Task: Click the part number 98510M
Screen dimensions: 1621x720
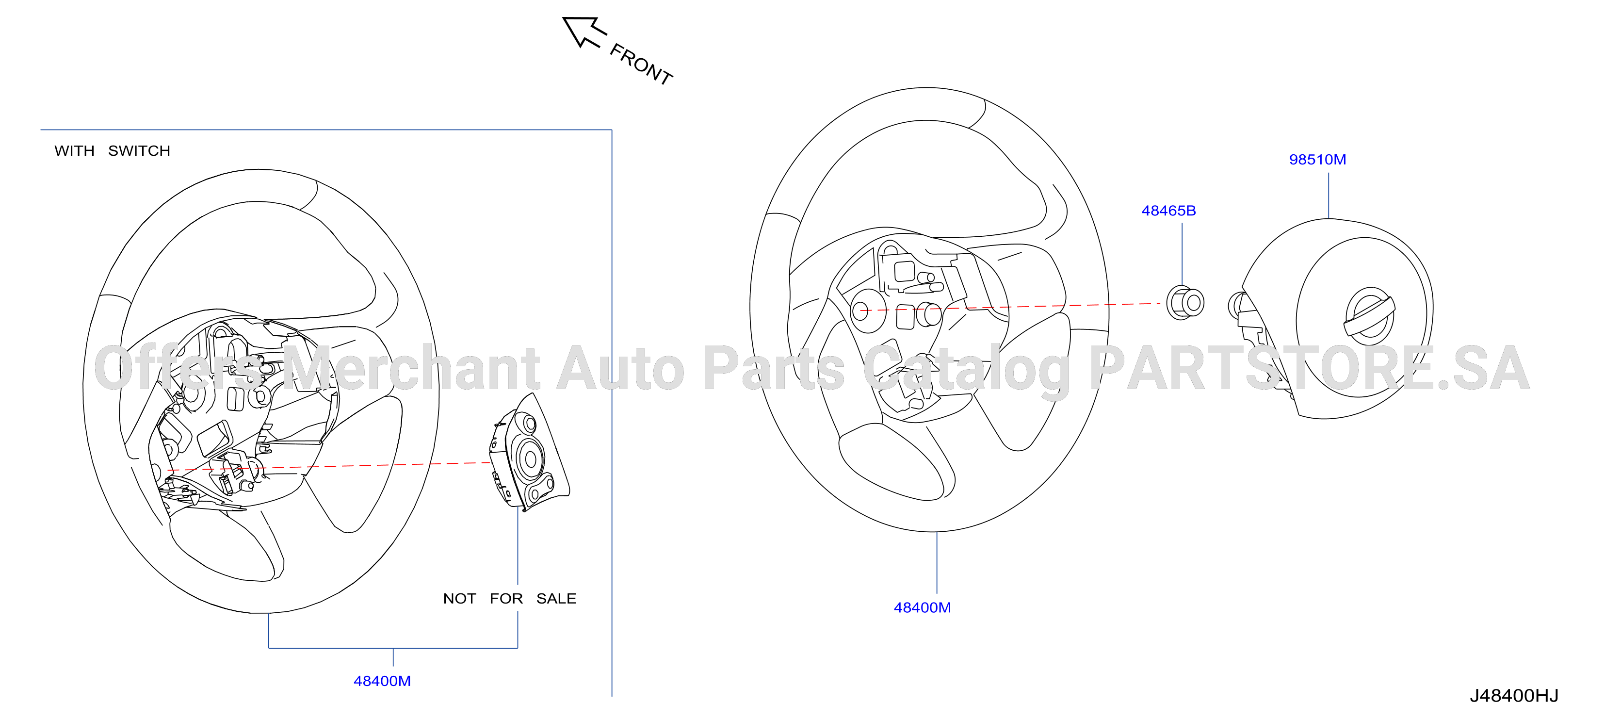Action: point(1317,160)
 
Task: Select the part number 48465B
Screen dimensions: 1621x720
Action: point(1168,211)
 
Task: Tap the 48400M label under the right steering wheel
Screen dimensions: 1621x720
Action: point(922,608)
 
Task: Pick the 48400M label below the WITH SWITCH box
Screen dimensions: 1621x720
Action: point(382,681)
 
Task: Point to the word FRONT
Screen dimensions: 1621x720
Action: point(641,64)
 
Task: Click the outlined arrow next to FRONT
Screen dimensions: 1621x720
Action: point(584,32)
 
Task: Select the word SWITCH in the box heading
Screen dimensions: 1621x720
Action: point(139,151)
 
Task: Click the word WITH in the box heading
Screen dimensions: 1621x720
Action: point(74,151)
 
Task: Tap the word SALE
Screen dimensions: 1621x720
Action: point(556,599)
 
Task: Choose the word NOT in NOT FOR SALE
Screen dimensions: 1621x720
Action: point(459,599)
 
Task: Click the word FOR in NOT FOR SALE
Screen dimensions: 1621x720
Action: point(506,599)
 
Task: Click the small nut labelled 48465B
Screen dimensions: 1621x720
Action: point(1185,303)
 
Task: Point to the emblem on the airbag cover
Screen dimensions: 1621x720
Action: point(1369,317)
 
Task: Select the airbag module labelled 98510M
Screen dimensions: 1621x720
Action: point(1331,318)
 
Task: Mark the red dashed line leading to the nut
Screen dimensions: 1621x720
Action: point(1010,307)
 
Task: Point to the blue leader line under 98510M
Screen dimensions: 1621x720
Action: point(1329,196)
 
